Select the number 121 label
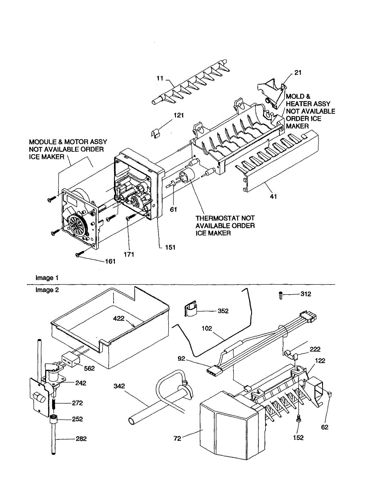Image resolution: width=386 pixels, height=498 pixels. point(179,115)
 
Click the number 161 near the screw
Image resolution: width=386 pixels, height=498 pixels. point(110,261)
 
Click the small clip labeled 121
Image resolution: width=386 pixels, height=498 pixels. point(154,133)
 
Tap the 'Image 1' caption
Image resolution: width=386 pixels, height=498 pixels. point(45,278)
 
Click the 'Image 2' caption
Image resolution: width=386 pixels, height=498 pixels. point(47,290)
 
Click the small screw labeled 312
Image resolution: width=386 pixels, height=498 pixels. point(281,295)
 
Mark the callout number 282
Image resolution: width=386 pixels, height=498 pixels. point(81,439)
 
